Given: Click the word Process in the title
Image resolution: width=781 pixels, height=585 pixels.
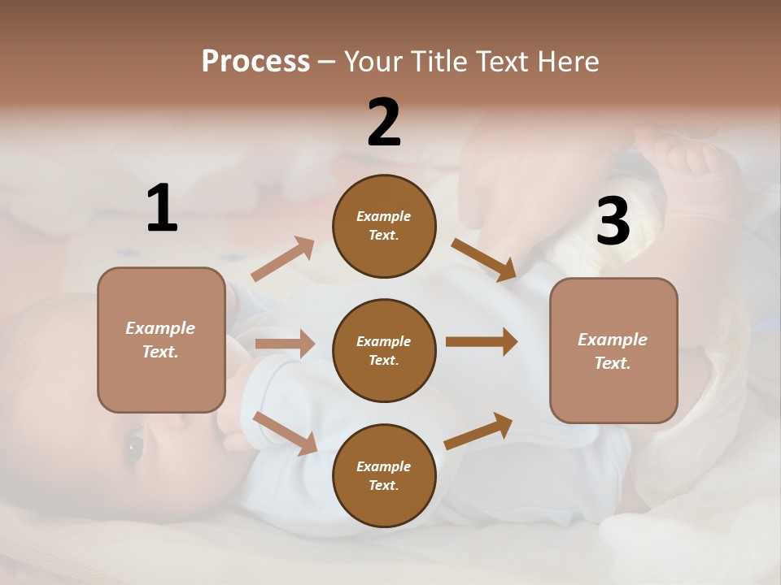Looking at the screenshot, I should click(x=255, y=62).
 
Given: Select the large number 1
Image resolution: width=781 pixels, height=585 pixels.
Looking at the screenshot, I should click(x=162, y=208).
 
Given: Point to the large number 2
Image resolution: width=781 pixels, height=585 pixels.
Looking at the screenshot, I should click(x=384, y=123).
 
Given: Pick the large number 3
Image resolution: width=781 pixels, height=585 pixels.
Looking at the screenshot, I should click(x=613, y=222).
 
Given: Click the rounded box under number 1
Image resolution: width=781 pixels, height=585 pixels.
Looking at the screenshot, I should click(x=161, y=340).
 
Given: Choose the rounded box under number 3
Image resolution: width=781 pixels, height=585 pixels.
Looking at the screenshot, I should click(x=613, y=350).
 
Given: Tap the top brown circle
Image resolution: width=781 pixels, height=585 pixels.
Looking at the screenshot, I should click(x=384, y=226).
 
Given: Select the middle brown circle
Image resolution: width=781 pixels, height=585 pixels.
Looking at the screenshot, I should click(x=384, y=350).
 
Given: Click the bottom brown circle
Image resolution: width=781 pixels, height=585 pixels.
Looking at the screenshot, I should click(x=384, y=475).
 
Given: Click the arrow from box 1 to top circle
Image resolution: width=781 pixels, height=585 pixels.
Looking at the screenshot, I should click(x=283, y=259).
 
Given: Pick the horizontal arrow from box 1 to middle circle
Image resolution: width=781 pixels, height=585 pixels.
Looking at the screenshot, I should click(x=284, y=344).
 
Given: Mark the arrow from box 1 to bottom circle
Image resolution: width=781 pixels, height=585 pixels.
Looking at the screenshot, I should click(x=285, y=433).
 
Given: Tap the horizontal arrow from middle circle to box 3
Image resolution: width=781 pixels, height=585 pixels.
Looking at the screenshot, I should click(x=481, y=342).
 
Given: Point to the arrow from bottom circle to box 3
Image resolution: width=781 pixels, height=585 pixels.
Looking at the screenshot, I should click(x=478, y=431).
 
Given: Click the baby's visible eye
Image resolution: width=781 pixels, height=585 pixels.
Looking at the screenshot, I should click(x=133, y=445).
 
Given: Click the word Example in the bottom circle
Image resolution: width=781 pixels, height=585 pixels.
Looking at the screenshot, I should click(x=383, y=466).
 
